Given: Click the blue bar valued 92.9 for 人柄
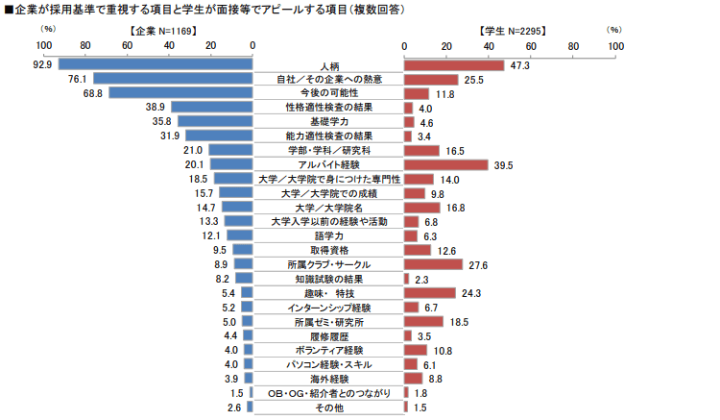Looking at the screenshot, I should coord(155,64).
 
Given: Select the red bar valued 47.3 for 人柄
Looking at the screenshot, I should coord(454,64).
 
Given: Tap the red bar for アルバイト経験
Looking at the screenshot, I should coord(446,165).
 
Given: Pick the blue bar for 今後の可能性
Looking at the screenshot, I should coord(180,93).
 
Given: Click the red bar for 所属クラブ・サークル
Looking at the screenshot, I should coord(434,264).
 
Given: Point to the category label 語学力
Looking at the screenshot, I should coord(328,235).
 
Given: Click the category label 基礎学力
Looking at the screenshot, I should coord(328,122).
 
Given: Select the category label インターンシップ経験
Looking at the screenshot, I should coord(328,308).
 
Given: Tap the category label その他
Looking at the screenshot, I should coord(328,408).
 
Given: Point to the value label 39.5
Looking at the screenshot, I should coord(504,165).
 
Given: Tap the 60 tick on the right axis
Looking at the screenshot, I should coord(531,46).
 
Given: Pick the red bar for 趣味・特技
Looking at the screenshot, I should coord(430,293).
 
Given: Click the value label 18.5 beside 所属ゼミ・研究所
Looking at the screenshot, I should coord(460,322).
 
